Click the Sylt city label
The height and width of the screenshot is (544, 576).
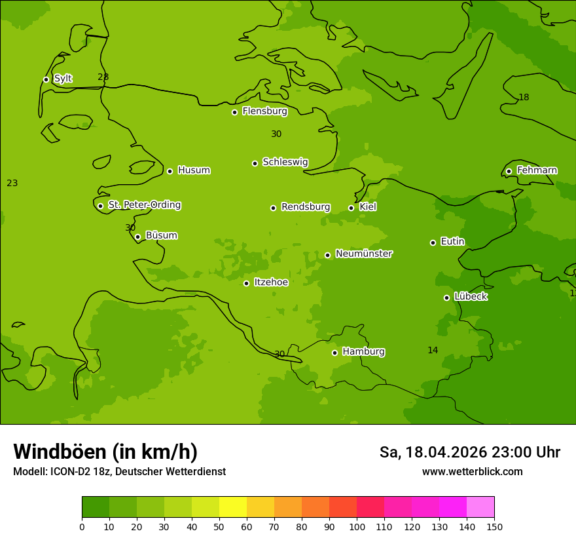pos(63,79)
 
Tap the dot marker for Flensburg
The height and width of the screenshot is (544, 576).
pos(234,112)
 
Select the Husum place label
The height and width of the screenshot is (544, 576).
pos(194,170)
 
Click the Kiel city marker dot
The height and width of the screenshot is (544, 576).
pos(351,208)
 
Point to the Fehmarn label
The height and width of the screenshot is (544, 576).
pos(537,170)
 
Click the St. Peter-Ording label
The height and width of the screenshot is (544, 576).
pos(144,205)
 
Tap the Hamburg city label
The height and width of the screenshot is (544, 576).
pos(363,352)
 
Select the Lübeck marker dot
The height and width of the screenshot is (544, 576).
pos(446,298)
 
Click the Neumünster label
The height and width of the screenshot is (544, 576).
pos(363,254)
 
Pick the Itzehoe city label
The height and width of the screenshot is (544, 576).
pos(270,282)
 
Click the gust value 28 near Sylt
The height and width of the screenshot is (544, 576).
pos(103,77)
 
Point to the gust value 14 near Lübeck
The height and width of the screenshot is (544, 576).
pos(433,351)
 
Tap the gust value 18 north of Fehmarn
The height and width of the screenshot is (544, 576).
pos(524,98)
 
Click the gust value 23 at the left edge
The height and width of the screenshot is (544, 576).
pos(12,184)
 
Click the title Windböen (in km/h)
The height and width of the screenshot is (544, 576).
pos(105,452)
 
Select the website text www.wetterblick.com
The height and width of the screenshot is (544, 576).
pos(472,472)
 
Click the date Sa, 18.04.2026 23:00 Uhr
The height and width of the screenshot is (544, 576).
pos(469,452)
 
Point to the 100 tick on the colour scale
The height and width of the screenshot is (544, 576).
pos(357,526)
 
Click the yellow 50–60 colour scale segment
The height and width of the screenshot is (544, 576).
pos(233,507)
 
